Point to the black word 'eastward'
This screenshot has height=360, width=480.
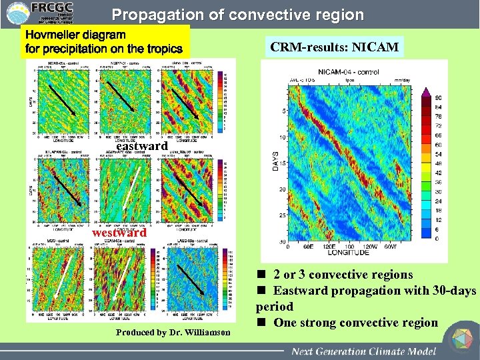pyautogui.click(x=141, y=145)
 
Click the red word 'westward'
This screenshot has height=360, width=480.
pyautogui.click(x=119, y=233)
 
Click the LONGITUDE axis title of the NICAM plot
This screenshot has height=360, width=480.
pyautogui.click(x=343, y=253)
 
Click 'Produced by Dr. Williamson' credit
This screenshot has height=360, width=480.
pyautogui.click(x=173, y=332)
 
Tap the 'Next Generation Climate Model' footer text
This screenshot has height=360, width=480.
pyautogui.click(x=364, y=351)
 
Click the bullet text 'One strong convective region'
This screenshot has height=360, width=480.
pyautogui.click(x=354, y=323)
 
